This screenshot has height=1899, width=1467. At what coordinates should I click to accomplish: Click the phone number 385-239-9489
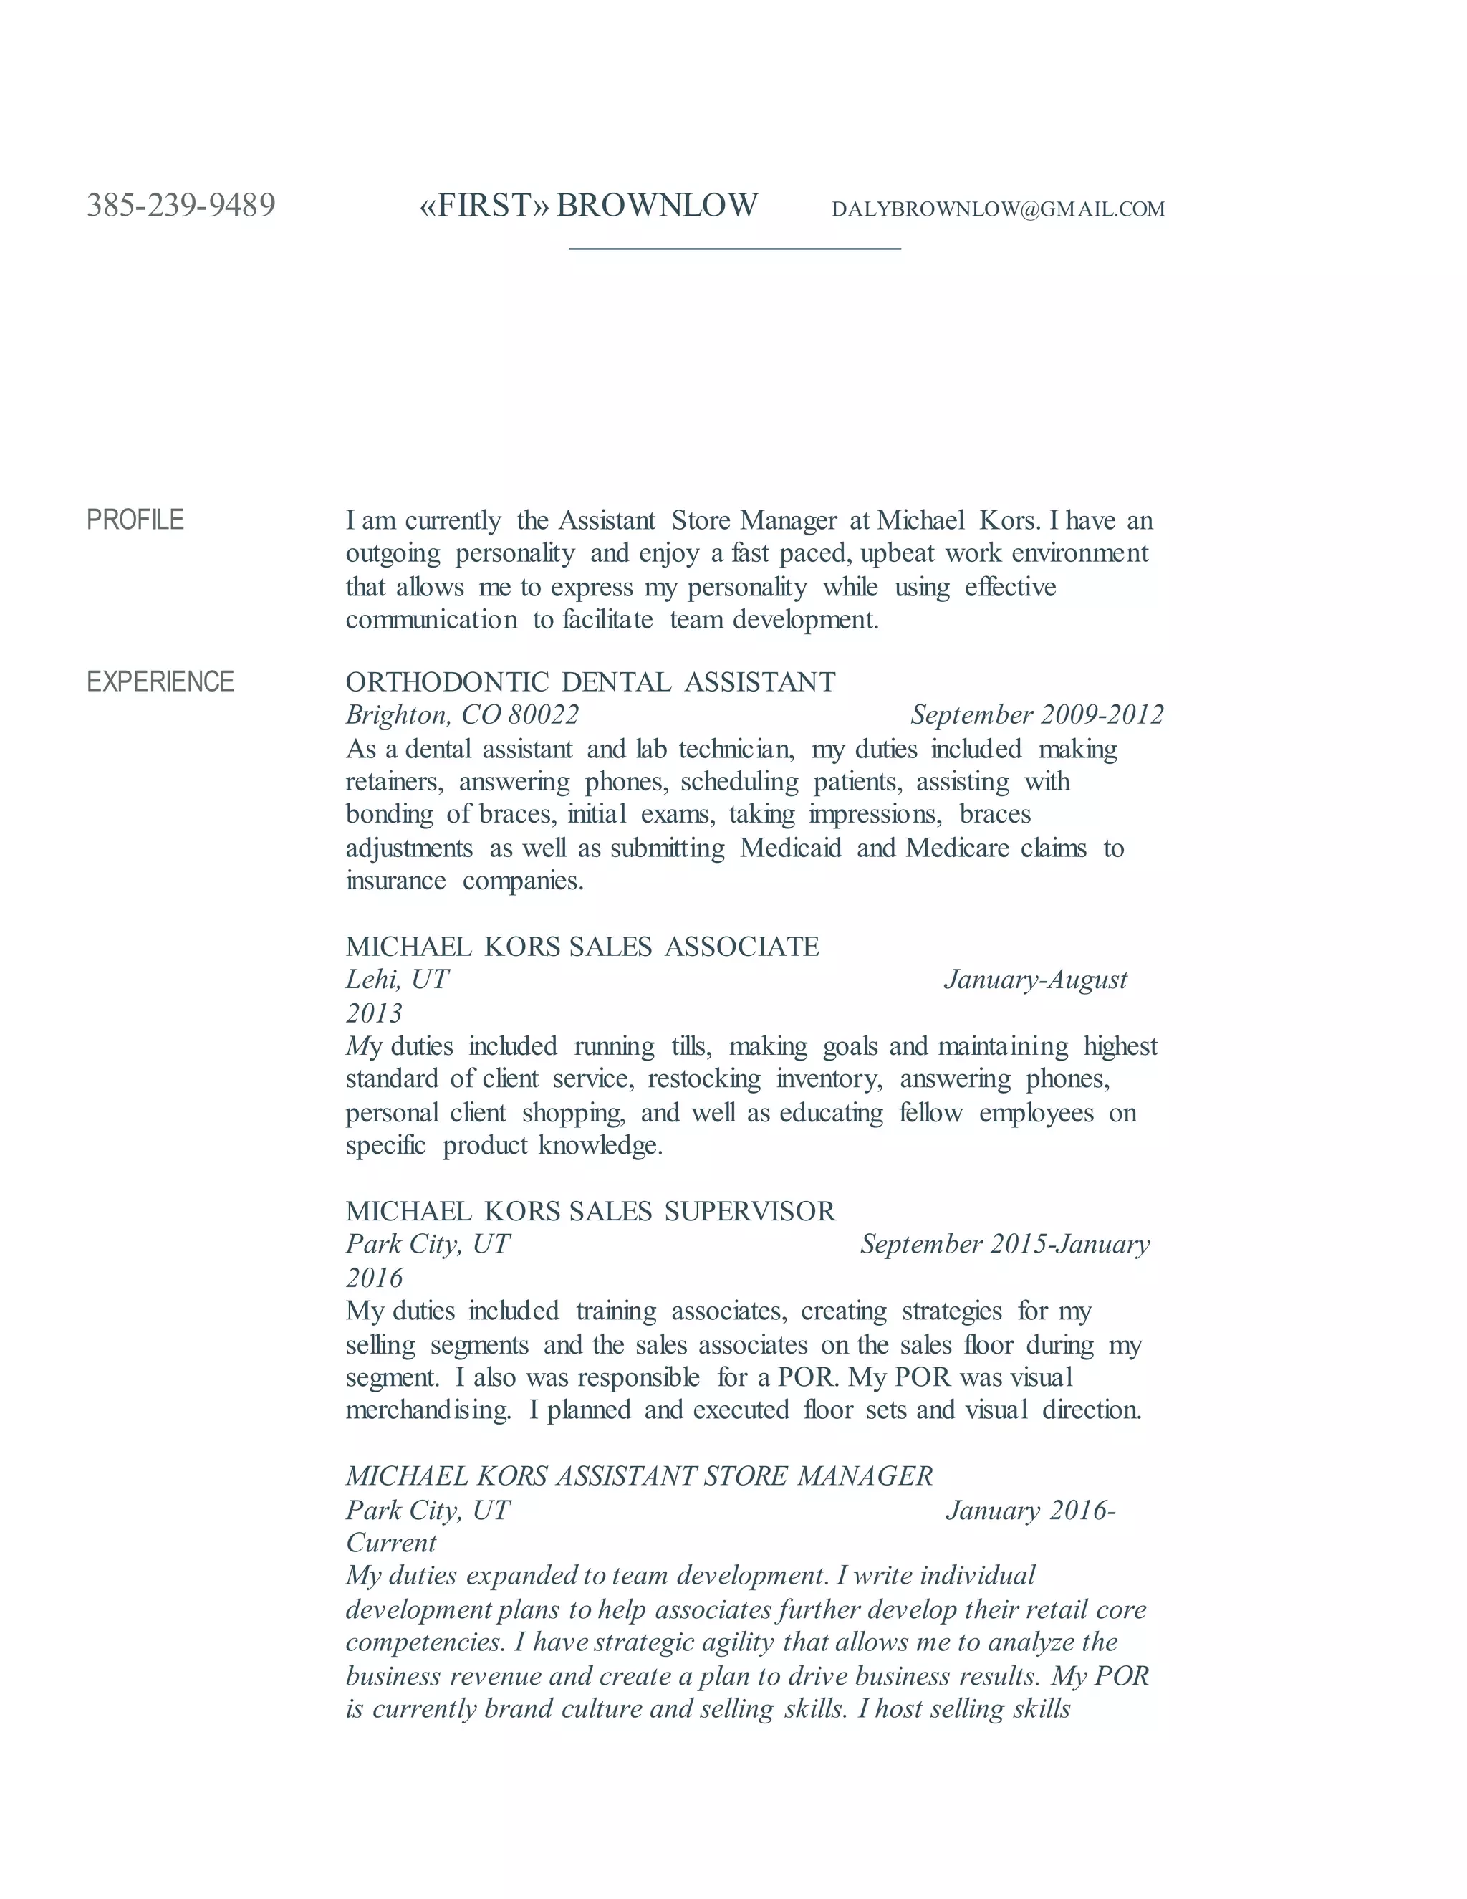tap(181, 205)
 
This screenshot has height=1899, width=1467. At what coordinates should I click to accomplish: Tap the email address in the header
tap(998, 209)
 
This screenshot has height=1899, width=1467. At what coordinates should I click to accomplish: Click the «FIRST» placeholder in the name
tap(484, 205)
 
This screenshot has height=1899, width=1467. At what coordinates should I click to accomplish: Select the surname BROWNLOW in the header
tap(657, 205)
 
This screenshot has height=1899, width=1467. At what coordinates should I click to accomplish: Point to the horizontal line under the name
tap(734, 249)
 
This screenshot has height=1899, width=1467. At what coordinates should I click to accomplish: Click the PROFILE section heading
tap(135, 520)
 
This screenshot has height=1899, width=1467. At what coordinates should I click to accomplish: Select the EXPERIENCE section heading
tap(160, 681)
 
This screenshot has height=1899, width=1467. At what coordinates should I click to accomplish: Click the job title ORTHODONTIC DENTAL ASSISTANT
tap(590, 681)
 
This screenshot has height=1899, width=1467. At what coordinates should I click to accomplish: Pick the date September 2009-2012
tap(1036, 714)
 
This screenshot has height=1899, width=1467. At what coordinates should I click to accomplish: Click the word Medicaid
tap(791, 848)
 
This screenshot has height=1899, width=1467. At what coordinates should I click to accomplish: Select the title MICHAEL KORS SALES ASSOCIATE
tap(582, 946)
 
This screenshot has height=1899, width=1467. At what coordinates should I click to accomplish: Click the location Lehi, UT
tap(397, 980)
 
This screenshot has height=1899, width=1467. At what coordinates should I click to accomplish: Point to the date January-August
tap(1035, 980)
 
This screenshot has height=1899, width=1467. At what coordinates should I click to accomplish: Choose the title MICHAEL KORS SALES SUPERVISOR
tap(590, 1210)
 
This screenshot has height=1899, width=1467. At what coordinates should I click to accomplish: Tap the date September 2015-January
tap(1005, 1244)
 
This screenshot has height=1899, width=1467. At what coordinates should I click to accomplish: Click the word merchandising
tap(428, 1410)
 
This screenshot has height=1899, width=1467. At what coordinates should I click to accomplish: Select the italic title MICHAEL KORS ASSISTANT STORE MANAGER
tap(639, 1475)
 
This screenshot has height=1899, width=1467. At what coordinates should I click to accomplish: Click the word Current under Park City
tap(391, 1543)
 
